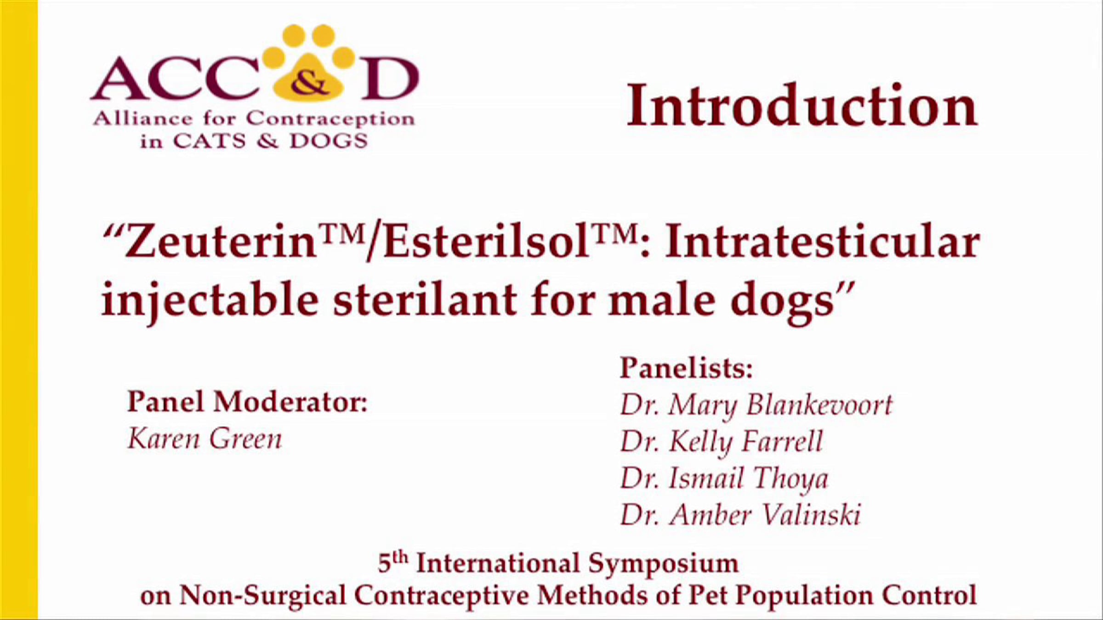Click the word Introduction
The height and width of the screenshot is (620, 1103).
(x=802, y=106)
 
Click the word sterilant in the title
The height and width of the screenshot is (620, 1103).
(x=425, y=301)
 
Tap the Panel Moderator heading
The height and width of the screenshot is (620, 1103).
(x=247, y=402)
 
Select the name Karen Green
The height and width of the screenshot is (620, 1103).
(x=205, y=439)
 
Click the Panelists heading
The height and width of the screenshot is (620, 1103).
(x=687, y=367)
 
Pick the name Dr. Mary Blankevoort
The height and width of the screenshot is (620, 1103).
(x=756, y=406)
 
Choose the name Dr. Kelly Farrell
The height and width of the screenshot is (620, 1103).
(x=722, y=442)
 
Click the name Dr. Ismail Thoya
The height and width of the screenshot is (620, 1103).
(x=724, y=479)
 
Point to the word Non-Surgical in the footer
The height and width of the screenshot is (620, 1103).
(x=262, y=595)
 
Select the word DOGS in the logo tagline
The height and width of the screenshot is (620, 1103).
(x=329, y=141)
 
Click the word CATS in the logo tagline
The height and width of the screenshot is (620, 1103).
(x=210, y=141)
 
